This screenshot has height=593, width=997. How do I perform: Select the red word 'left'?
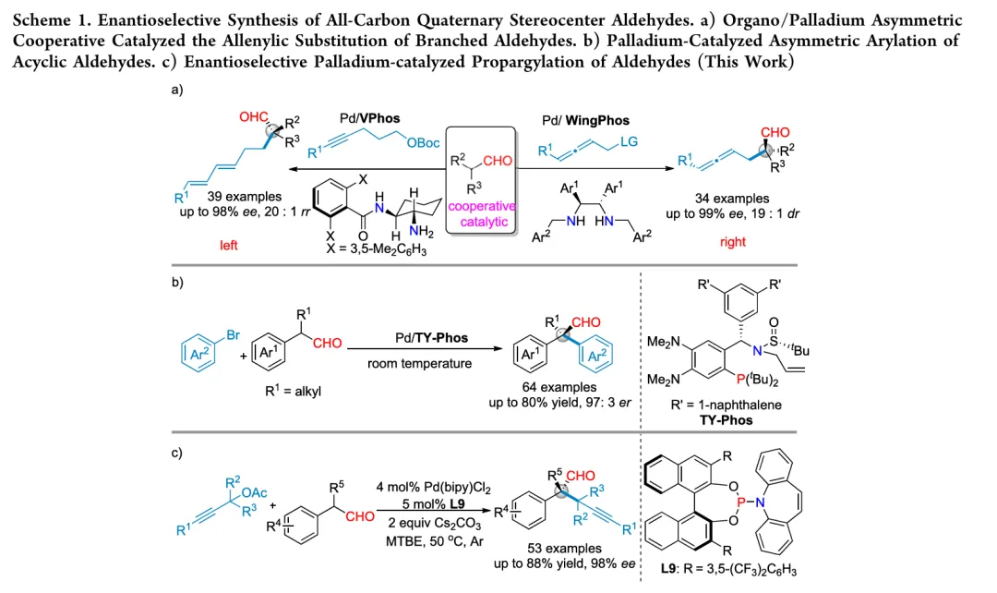[x=229, y=246]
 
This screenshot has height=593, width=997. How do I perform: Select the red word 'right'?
[x=733, y=242]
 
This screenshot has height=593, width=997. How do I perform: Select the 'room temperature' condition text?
[x=419, y=363]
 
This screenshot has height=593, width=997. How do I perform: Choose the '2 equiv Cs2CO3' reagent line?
[x=424, y=521]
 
